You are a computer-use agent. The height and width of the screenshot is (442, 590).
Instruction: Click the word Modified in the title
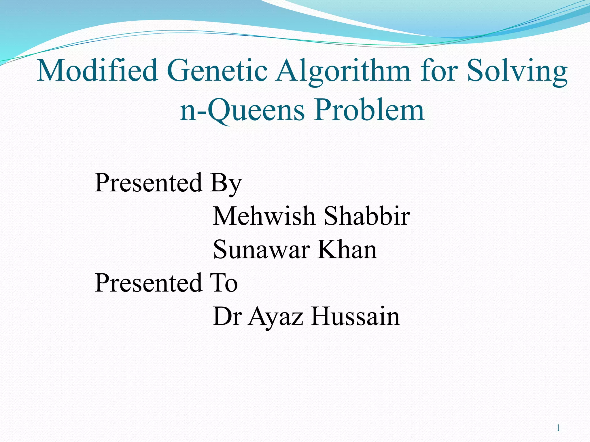[x=97, y=71]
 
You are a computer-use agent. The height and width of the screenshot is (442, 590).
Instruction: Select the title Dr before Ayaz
[x=226, y=316]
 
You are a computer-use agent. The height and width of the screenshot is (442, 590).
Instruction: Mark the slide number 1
[x=558, y=428]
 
